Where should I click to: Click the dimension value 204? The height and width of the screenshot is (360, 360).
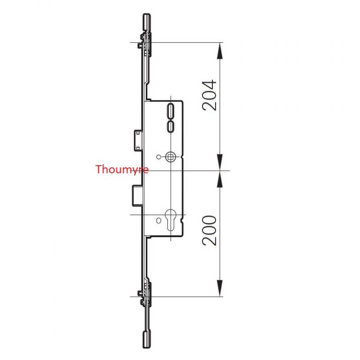[210, 95]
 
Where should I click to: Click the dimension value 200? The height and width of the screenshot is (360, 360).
[210, 230]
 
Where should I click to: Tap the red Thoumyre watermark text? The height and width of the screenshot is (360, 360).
[121, 169]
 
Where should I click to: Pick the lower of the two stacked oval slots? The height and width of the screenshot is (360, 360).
[171, 126]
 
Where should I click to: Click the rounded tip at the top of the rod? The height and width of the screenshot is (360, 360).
[147, 21]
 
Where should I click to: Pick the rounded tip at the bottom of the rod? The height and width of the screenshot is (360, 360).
[147, 338]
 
